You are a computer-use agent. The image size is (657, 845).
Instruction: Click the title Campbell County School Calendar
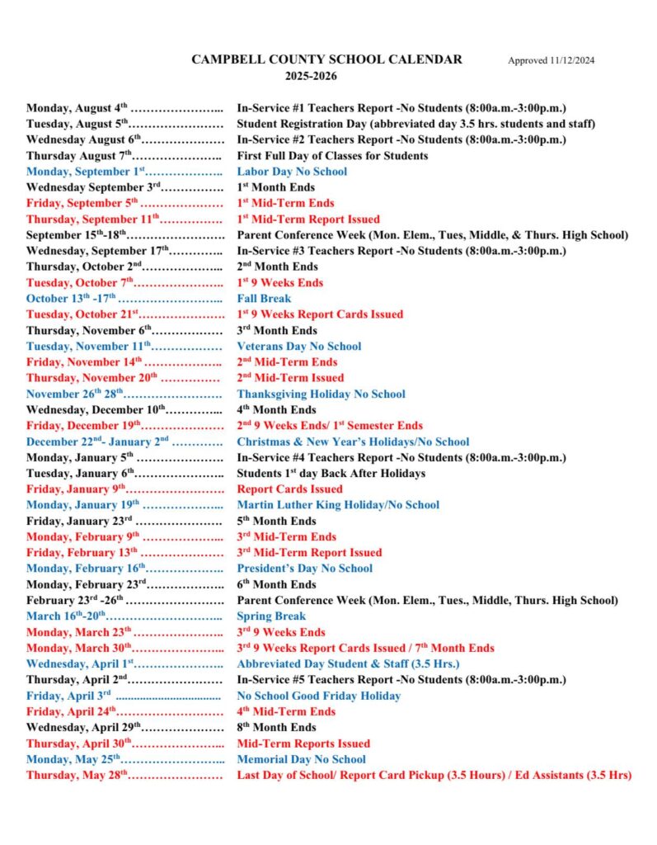(326, 59)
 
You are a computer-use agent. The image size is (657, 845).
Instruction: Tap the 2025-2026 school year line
(312, 76)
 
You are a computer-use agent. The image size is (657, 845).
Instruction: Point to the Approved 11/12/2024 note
(551, 60)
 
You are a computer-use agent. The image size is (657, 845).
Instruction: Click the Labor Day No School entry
(292, 172)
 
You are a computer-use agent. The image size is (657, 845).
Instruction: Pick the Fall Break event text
(264, 299)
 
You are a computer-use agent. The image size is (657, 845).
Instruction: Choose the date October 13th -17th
(72, 299)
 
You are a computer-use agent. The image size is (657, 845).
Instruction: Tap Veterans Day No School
(299, 347)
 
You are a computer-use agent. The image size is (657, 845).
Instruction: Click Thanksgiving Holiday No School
(321, 394)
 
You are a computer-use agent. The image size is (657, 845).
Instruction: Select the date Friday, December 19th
(83, 426)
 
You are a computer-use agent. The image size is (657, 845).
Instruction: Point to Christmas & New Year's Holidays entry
(353, 441)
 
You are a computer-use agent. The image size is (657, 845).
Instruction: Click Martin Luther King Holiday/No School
(338, 505)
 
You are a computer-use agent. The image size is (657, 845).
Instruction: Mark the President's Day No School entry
(304, 569)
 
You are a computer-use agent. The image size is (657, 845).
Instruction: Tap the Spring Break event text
(271, 616)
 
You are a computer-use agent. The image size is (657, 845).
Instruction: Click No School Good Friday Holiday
(319, 696)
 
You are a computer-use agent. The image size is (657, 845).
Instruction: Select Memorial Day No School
(301, 759)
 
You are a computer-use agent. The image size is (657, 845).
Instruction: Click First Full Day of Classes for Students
(332, 156)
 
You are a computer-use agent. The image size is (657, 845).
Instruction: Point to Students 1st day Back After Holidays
(331, 474)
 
